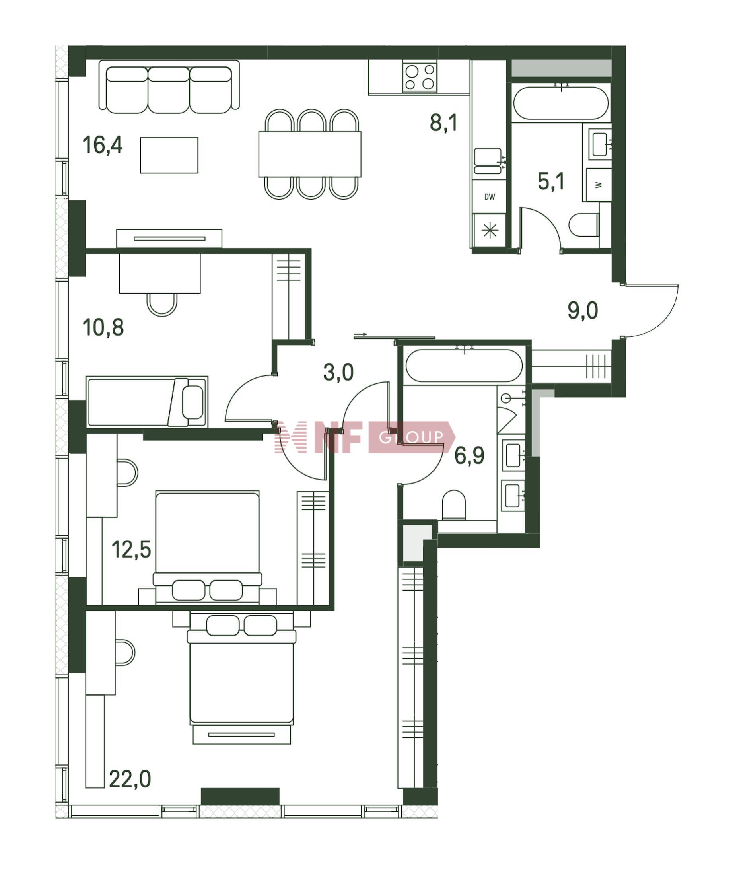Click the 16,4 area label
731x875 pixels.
click(103, 146)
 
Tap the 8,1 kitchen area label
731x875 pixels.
click(444, 123)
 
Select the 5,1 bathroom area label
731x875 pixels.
click(551, 182)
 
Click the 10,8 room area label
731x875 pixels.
click(103, 327)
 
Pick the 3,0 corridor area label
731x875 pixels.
click(338, 372)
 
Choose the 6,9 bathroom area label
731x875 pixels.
click(469, 455)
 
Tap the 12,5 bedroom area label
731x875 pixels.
click(131, 550)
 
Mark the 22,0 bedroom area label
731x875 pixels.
click(130, 779)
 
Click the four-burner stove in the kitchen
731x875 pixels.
click(420, 76)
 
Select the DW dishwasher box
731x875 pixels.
click(489, 196)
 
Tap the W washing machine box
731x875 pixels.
click(599, 185)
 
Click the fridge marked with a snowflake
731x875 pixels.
click(490, 230)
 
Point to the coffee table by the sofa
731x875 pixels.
click(169, 156)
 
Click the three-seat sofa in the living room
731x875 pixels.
click(169, 87)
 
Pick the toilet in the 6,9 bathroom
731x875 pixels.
click(453, 505)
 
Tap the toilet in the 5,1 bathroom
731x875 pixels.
click(584, 225)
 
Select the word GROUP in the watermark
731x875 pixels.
click(411, 437)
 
